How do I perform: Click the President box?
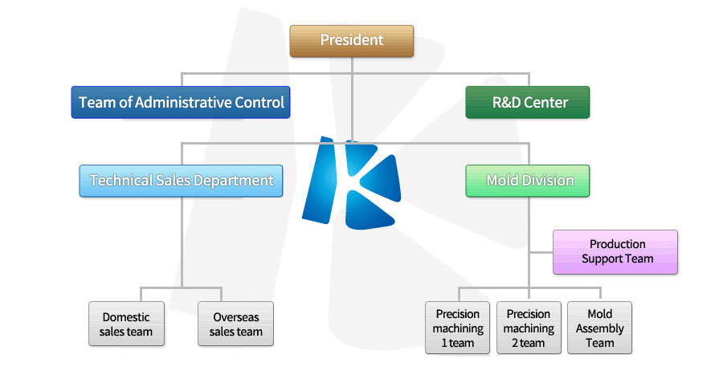(351, 41)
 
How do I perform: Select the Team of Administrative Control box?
(181, 102)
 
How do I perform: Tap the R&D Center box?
(528, 102)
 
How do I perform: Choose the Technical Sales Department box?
(182, 181)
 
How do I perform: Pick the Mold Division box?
(528, 181)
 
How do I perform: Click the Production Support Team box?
(615, 252)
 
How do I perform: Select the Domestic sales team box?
(126, 324)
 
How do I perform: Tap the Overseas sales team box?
(235, 324)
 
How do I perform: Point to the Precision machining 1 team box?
(457, 328)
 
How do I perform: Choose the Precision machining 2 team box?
(529, 328)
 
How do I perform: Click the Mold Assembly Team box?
(599, 328)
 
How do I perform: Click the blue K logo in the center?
(351, 183)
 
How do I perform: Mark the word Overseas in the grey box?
(236, 317)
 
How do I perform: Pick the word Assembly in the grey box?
(600, 328)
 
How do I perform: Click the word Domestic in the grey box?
(126, 317)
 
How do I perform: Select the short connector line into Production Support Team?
(541, 252)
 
